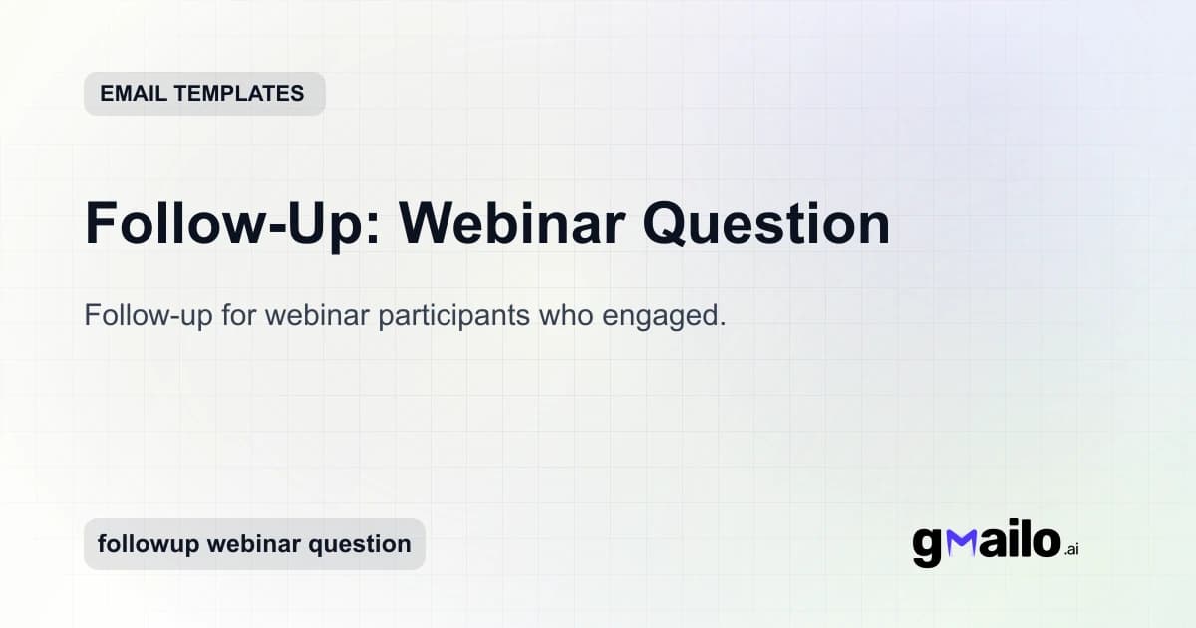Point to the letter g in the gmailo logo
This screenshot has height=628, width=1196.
pyautogui.click(x=927, y=546)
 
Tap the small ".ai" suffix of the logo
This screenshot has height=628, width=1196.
pyautogui.click(x=1071, y=549)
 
